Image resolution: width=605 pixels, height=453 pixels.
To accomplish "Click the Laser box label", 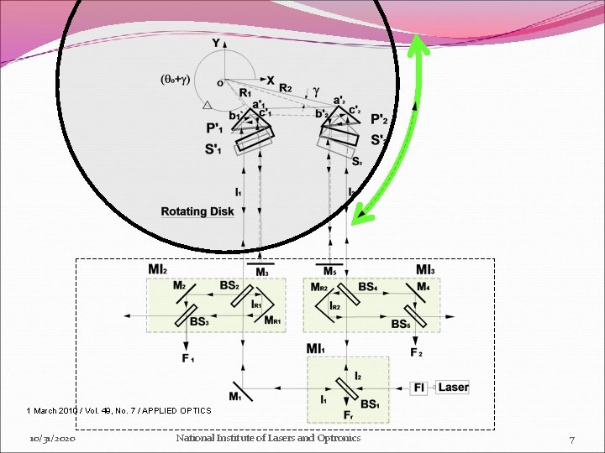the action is [453, 388].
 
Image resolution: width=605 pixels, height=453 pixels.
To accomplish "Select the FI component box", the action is [419, 388].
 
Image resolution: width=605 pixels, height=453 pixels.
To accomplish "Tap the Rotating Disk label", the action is [197, 211].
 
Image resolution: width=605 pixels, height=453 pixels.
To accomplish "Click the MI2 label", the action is [158, 269].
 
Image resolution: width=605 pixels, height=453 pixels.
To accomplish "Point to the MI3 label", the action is [426, 269].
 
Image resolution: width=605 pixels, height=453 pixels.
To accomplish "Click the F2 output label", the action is [416, 352].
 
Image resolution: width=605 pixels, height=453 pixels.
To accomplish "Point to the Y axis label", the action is [216, 43].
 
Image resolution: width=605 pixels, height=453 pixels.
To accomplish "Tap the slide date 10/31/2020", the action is [52, 439].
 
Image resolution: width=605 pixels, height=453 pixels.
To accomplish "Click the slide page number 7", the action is [571, 440].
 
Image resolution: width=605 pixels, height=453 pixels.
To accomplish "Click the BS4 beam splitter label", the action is [367, 287].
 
